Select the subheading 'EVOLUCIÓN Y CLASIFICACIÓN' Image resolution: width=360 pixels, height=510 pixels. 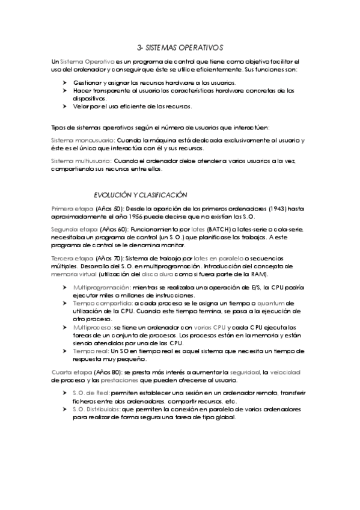point(141,194)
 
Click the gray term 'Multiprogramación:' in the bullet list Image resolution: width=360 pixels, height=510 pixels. point(102,287)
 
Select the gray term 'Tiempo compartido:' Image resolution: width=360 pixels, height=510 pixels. point(99,303)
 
